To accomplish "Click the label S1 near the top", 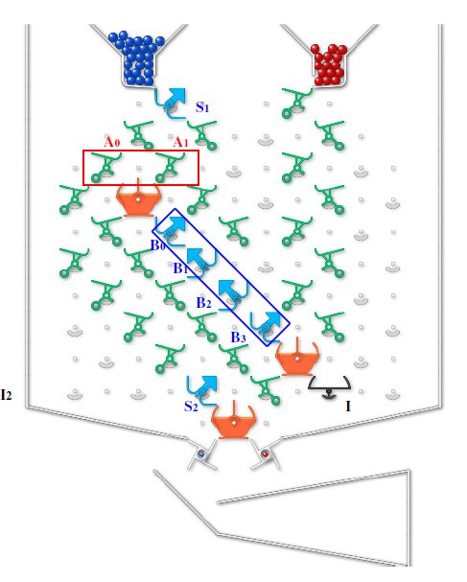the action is coord(202,107).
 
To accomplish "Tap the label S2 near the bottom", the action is coord(191,407).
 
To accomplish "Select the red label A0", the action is coord(112,142).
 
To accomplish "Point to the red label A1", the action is coord(181,142).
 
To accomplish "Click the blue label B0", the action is coord(158,245).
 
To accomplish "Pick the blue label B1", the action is coord(180,268).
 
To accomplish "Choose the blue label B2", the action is coord(203,303).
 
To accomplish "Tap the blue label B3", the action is coord(239,338).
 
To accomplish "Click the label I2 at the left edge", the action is coord(7,395).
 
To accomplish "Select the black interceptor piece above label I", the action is coord(329,387).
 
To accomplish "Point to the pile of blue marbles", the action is coord(138,59).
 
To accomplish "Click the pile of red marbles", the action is coord(329,65).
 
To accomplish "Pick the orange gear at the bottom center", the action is coord(234,421).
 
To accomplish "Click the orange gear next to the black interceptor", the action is coord(297,357).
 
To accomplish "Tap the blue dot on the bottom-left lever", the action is coord(201,454).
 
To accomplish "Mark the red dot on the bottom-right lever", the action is coord(265,454).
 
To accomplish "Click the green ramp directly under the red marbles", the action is coord(296,103).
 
